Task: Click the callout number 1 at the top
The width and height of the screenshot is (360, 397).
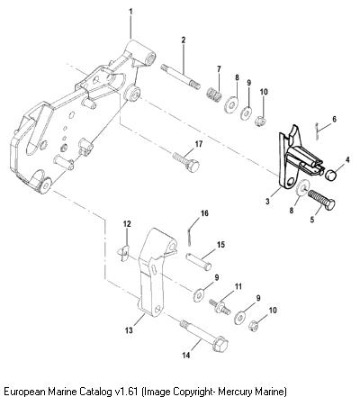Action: (x=130, y=12)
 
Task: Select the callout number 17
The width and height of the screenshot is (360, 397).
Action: (x=199, y=144)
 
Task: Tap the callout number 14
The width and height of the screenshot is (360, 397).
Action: (x=186, y=356)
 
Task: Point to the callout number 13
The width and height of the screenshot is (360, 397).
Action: (x=129, y=330)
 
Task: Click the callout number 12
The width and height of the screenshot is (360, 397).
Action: (x=127, y=224)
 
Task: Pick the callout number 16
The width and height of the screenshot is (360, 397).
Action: (x=204, y=213)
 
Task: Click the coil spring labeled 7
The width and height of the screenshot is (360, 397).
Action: (x=214, y=93)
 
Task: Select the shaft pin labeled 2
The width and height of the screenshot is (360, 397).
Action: (x=180, y=76)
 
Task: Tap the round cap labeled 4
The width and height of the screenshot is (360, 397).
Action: (x=331, y=174)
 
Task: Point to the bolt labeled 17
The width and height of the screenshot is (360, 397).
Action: (x=186, y=162)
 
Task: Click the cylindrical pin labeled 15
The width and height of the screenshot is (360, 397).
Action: (x=198, y=261)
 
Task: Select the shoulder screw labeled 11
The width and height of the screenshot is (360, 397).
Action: (x=220, y=306)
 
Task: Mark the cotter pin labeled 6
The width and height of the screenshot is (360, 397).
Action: (x=317, y=131)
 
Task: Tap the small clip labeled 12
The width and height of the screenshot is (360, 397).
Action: (x=123, y=253)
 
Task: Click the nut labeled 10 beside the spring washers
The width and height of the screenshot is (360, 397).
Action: (x=261, y=121)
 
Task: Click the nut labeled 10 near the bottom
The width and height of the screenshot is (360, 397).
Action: (x=254, y=326)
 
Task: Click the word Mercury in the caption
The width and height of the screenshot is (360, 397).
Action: (x=235, y=392)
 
